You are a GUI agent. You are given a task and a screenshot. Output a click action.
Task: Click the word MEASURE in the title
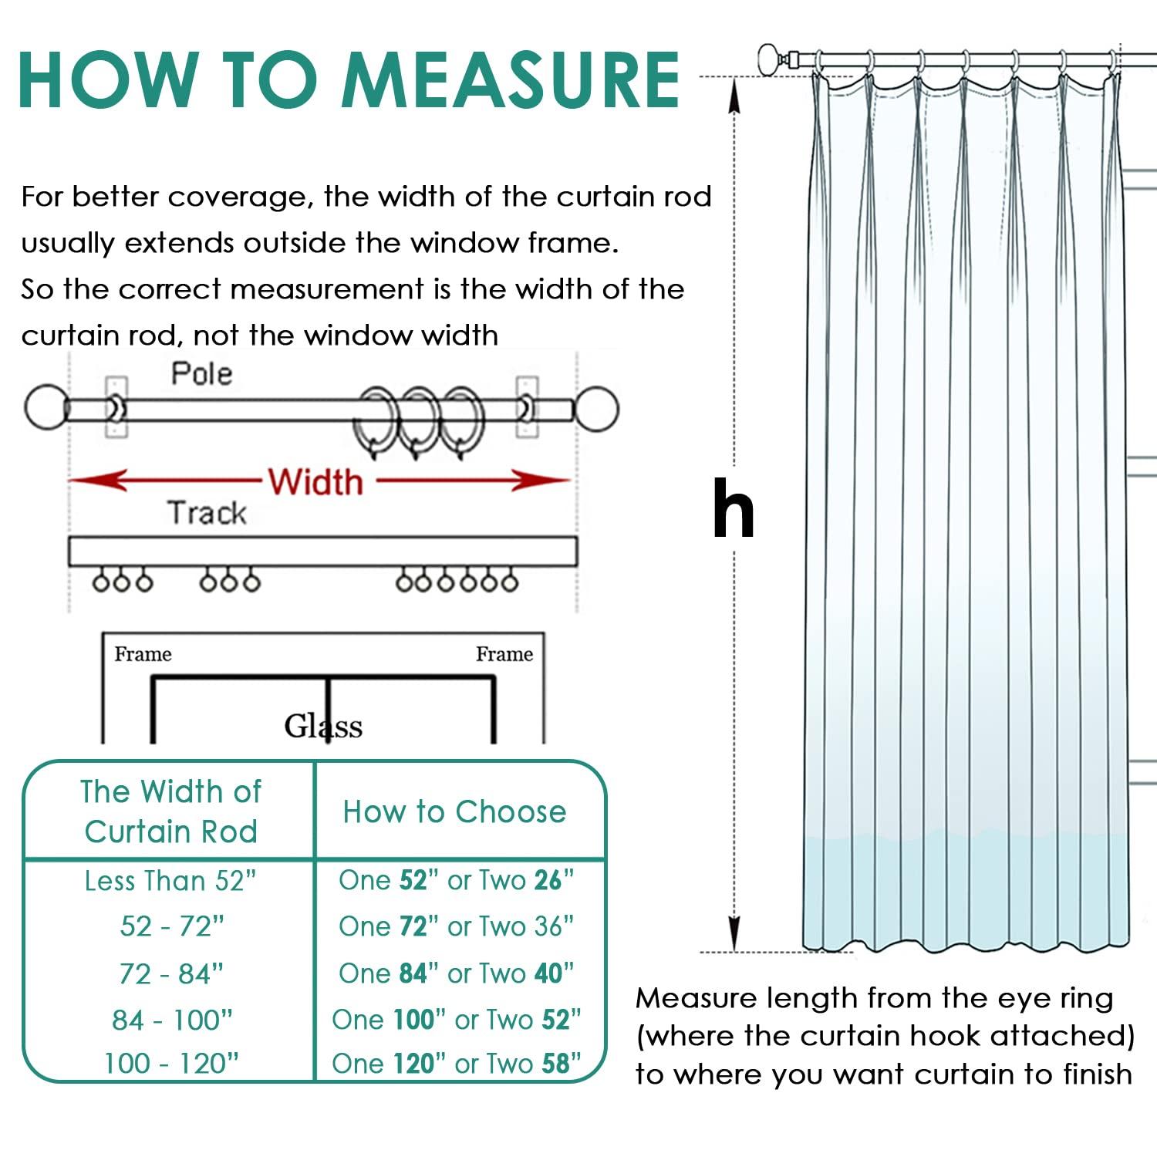tap(511, 80)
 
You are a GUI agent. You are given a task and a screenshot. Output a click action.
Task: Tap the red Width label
tap(315, 482)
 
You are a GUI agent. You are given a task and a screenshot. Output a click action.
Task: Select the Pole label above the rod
tap(201, 374)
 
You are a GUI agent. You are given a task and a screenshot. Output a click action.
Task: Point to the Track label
tap(207, 513)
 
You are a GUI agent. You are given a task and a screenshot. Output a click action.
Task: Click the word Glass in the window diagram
tap(323, 726)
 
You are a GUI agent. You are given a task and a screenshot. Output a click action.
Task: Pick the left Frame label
tap(143, 654)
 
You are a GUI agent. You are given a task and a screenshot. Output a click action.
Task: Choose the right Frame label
tap(504, 654)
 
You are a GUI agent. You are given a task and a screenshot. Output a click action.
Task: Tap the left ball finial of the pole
tap(46, 409)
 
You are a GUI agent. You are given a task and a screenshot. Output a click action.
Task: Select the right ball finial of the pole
tap(596, 409)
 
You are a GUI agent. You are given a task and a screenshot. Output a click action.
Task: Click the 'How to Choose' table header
tap(455, 811)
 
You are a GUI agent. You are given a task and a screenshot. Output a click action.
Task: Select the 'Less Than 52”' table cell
tap(170, 880)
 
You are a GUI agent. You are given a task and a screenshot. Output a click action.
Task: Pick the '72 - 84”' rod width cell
tap(171, 973)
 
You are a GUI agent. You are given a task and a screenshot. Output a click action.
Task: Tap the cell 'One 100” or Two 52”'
tap(456, 1019)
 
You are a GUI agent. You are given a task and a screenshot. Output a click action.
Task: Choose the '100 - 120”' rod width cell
tap(171, 1064)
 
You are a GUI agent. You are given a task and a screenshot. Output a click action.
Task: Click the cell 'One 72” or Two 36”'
tap(456, 926)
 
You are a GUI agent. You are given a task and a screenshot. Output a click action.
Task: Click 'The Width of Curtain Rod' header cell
tap(170, 811)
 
